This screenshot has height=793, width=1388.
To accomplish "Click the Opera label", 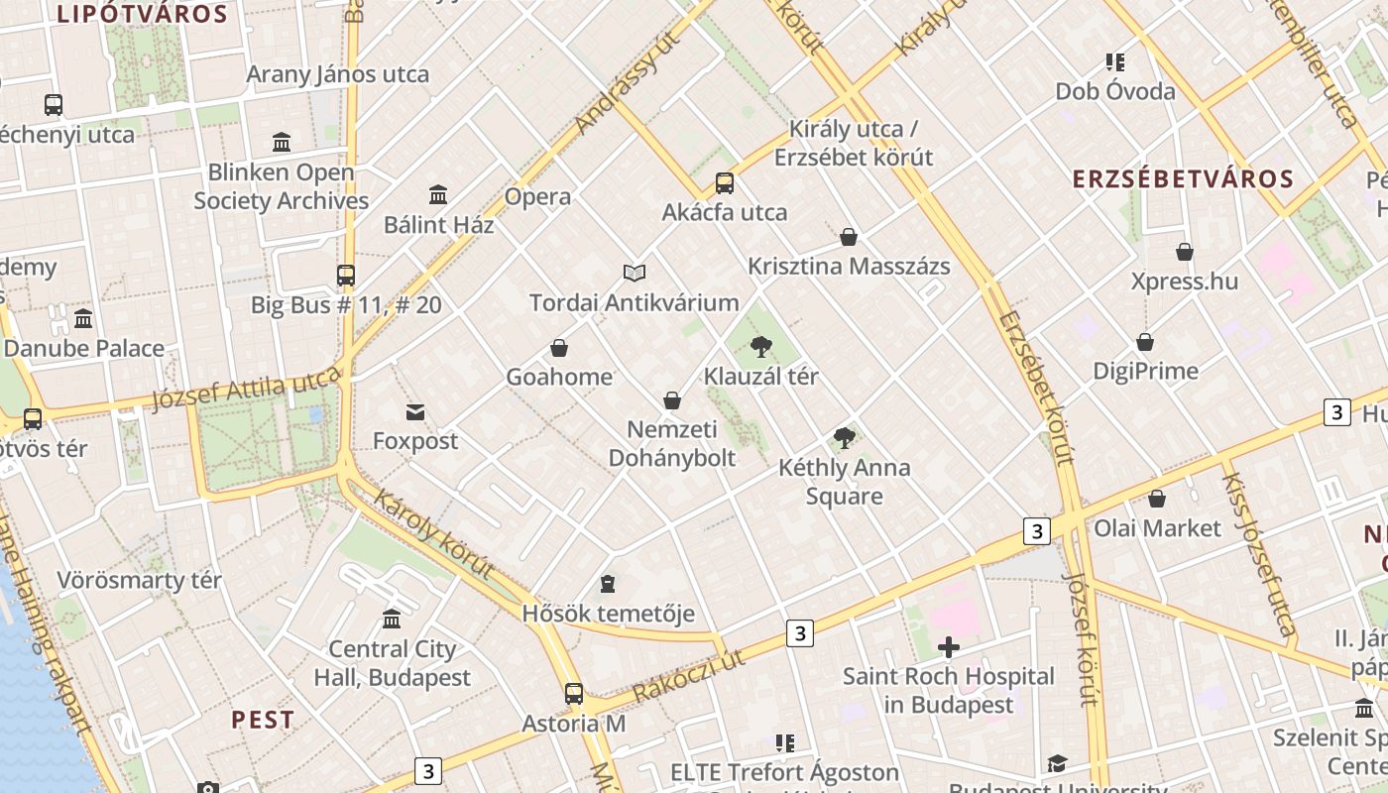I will (537, 196).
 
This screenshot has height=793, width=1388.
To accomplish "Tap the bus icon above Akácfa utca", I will (725, 183).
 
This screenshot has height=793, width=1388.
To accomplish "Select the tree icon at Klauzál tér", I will (760, 347).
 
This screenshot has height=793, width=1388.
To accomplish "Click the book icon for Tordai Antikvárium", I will (635, 273).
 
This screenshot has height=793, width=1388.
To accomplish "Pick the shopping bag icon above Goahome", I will (559, 348).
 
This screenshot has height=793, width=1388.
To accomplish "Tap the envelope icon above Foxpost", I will (414, 411).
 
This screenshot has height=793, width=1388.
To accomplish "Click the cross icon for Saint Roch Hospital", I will (949, 647).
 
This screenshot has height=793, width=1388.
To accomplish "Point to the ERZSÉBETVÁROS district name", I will (1184, 179).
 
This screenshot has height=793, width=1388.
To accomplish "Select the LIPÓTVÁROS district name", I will (143, 14).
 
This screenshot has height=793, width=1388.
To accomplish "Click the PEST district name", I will (263, 720).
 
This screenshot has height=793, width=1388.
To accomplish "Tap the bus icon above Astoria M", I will (574, 694).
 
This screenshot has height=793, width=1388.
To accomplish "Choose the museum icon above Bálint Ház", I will (438, 194).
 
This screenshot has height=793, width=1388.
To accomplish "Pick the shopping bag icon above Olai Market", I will (1157, 499).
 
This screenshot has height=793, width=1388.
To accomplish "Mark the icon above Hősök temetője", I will (608, 584).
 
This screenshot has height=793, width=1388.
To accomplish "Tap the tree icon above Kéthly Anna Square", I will (844, 437).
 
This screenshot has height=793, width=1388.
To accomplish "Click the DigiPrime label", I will (1145, 372).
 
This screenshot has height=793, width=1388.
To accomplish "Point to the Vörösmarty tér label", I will (140, 580).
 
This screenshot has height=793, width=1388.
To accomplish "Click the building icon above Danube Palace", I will (83, 319).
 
